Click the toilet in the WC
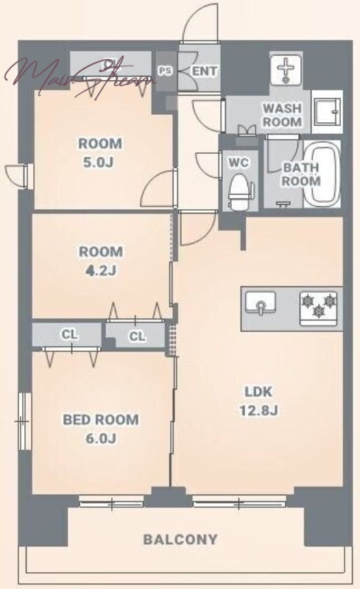point(238,191)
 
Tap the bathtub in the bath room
point(322,174)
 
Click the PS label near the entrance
point(165,71)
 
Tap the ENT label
point(205,71)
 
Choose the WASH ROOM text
point(282,115)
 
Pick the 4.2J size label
point(100,270)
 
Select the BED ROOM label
point(101,419)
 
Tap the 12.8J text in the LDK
point(258,411)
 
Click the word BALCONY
point(180,540)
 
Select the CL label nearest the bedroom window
point(69,334)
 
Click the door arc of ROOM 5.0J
point(158,187)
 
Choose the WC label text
point(239,163)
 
